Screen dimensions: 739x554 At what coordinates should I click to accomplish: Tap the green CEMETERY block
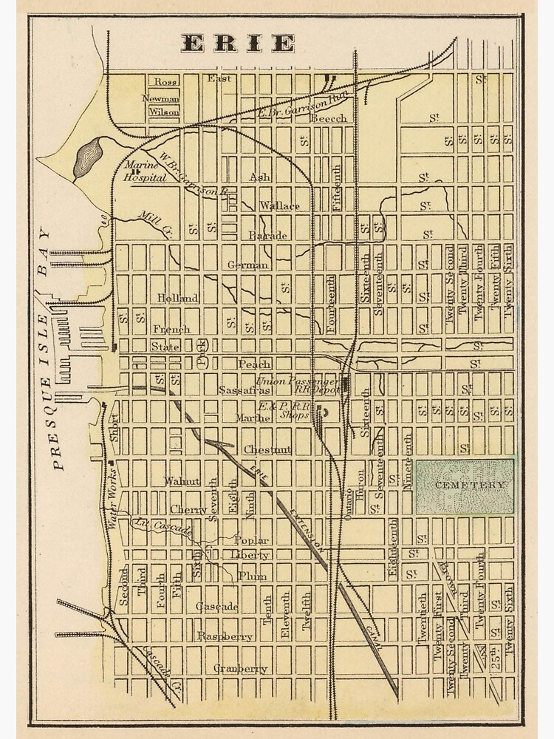click(x=465, y=486)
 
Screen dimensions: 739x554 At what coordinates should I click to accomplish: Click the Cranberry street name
click(x=240, y=669)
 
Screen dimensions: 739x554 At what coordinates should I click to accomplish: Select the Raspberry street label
click(x=225, y=636)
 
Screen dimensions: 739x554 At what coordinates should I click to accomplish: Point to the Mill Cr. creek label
click(x=154, y=219)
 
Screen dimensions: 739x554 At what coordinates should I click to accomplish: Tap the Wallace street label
click(x=279, y=205)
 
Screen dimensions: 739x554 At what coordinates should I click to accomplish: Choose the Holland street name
click(x=177, y=298)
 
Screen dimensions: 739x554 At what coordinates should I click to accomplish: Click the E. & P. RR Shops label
click(x=284, y=410)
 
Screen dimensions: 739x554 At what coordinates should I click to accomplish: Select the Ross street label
click(x=165, y=81)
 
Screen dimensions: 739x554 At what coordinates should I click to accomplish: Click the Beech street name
click(x=328, y=118)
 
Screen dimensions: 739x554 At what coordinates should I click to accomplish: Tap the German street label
click(x=248, y=265)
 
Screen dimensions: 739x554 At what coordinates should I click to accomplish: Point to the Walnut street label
click(x=182, y=481)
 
